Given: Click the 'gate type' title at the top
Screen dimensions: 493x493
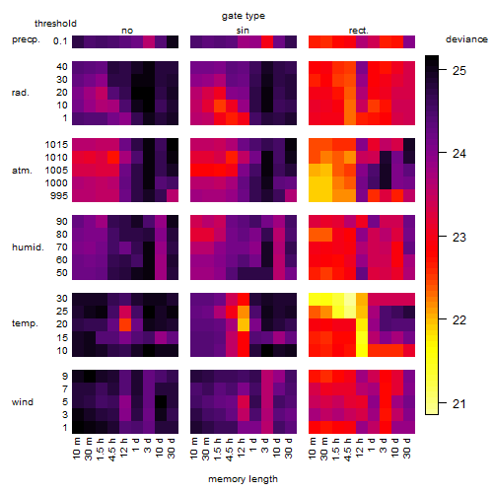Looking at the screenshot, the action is [244, 16].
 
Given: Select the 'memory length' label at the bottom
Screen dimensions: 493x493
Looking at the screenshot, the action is [243, 479].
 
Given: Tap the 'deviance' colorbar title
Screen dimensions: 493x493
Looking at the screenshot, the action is [466, 39].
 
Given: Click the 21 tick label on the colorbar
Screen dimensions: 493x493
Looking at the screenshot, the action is [459, 403].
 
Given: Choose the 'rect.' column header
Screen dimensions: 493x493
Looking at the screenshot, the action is [358, 31].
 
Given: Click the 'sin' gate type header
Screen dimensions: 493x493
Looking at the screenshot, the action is [243, 31].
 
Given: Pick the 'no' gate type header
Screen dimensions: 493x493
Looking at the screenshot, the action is [127, 31].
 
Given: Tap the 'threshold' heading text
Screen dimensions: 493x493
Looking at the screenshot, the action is [55, 24].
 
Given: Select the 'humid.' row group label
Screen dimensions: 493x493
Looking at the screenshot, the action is [28, 247].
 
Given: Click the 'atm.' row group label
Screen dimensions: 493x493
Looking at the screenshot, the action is [22, 171].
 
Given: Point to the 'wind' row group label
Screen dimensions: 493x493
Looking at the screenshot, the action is [23, 402].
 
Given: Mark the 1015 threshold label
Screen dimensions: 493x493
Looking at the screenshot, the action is [56, 145].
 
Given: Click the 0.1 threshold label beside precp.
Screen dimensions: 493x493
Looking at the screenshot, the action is [60, 41].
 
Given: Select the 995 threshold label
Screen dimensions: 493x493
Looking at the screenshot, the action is [59, 196].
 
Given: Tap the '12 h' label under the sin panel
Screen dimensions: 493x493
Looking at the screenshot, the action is [242, 448].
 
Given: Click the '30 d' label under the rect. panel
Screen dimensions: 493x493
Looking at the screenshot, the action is [407, 448].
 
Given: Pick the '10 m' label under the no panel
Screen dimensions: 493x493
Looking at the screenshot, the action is [76, 449].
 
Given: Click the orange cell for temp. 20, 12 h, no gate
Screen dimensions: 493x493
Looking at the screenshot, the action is [125, 324].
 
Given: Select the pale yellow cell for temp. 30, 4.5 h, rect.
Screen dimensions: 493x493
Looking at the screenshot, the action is [350, 299].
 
